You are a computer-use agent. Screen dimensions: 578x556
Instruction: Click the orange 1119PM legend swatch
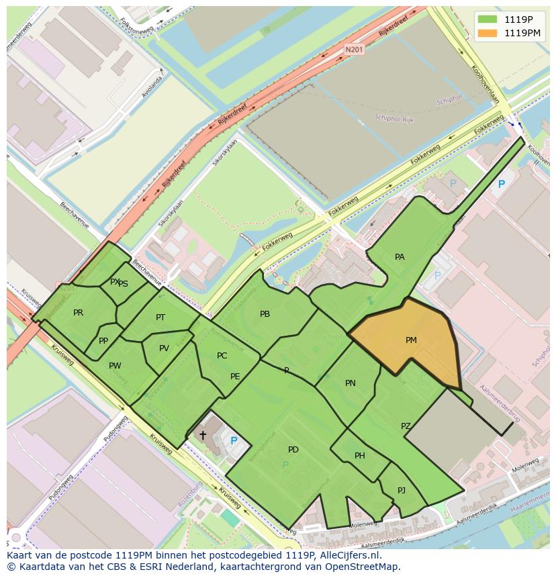coord(488,33)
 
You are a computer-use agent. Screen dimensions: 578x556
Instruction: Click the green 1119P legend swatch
coord(488,19)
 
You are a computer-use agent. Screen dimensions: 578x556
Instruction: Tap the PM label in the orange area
coord(411,340)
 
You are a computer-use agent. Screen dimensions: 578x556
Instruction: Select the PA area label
coord(400,257)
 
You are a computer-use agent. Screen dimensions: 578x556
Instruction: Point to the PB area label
coord(265,314)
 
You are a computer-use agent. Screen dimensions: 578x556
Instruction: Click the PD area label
coord(293,450)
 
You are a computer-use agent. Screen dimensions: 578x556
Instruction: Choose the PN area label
coord(350,383)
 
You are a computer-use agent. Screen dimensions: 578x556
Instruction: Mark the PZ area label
coord(406,426)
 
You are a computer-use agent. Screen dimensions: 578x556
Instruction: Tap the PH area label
coord(360,456)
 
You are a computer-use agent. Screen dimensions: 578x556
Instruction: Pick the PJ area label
coord(402,491)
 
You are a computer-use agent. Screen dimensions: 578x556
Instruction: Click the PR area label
coord(79,313)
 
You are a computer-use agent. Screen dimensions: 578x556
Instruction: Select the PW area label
coord(115,366)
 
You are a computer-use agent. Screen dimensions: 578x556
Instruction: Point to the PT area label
coord(160,318)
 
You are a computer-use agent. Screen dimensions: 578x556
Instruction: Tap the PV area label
coord(164,348)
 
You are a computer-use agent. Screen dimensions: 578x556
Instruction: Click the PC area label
coord(222,356)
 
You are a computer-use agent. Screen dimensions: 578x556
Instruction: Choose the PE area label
coord(235,377)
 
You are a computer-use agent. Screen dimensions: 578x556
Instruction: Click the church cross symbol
coord(203,436)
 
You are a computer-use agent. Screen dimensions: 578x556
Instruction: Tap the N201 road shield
coord(354,50)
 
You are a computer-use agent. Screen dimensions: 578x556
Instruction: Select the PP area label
coord(103,341)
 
